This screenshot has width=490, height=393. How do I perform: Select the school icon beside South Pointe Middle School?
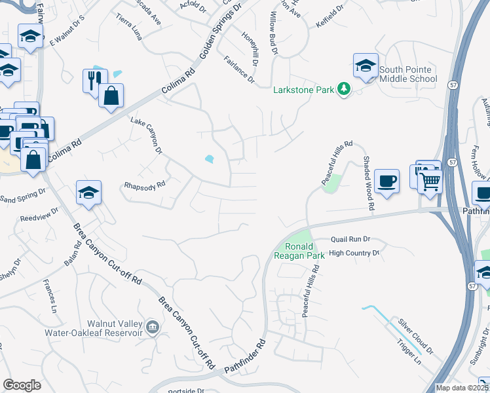point(366,65)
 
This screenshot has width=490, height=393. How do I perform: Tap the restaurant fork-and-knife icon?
point(91,79)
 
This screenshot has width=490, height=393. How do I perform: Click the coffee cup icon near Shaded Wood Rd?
point(386,179)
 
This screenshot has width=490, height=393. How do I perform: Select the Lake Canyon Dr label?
point(145,136)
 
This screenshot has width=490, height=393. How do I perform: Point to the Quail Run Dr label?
point(350,240)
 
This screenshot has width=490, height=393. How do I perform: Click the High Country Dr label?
point(354,253)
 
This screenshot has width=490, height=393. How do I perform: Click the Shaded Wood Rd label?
point(368,183)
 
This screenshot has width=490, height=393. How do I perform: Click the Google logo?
point(22,384)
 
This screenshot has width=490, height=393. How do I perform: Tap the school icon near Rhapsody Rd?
point(88,193)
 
